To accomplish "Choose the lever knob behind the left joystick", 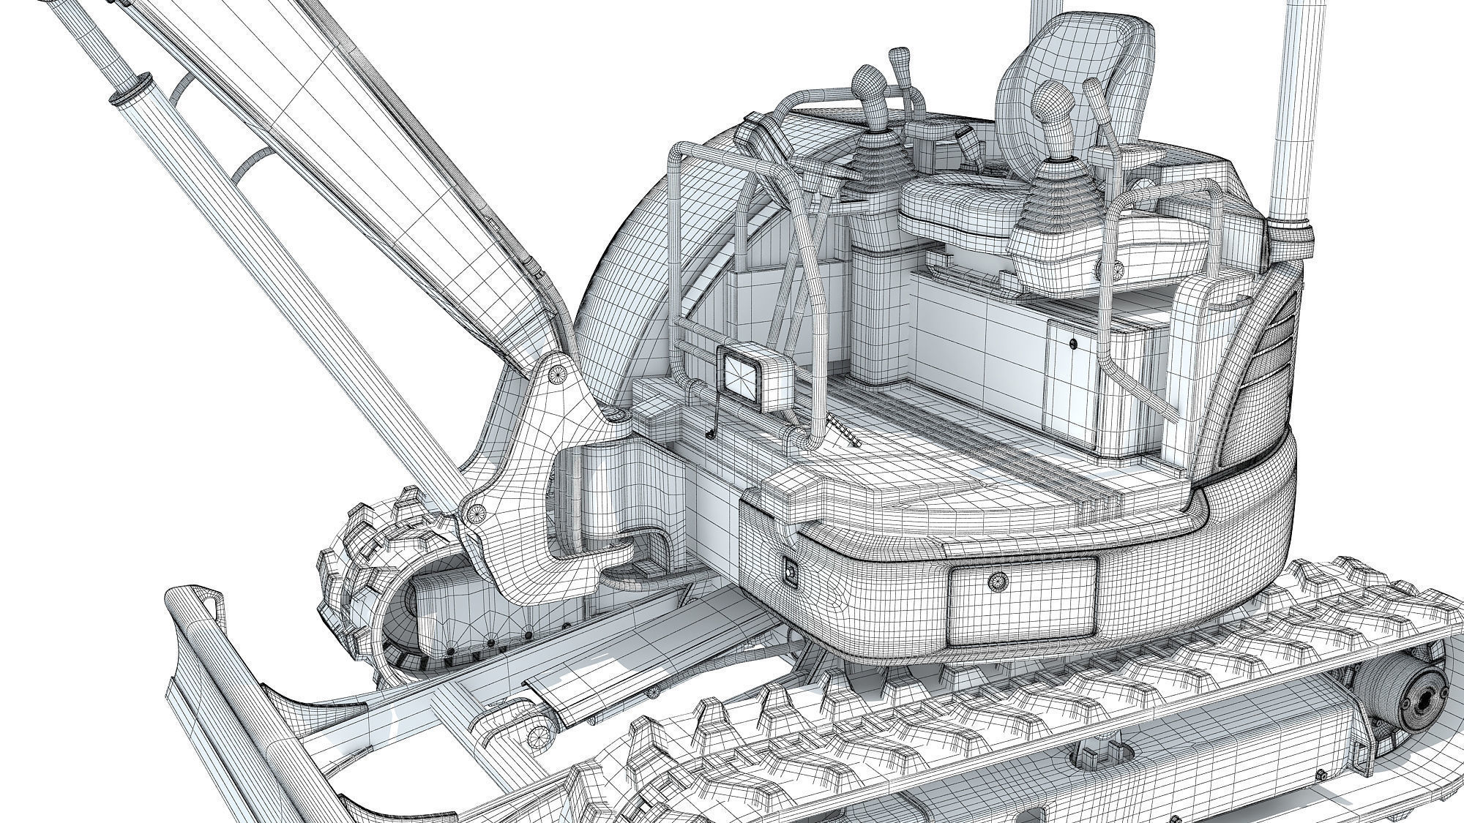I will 897,59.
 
